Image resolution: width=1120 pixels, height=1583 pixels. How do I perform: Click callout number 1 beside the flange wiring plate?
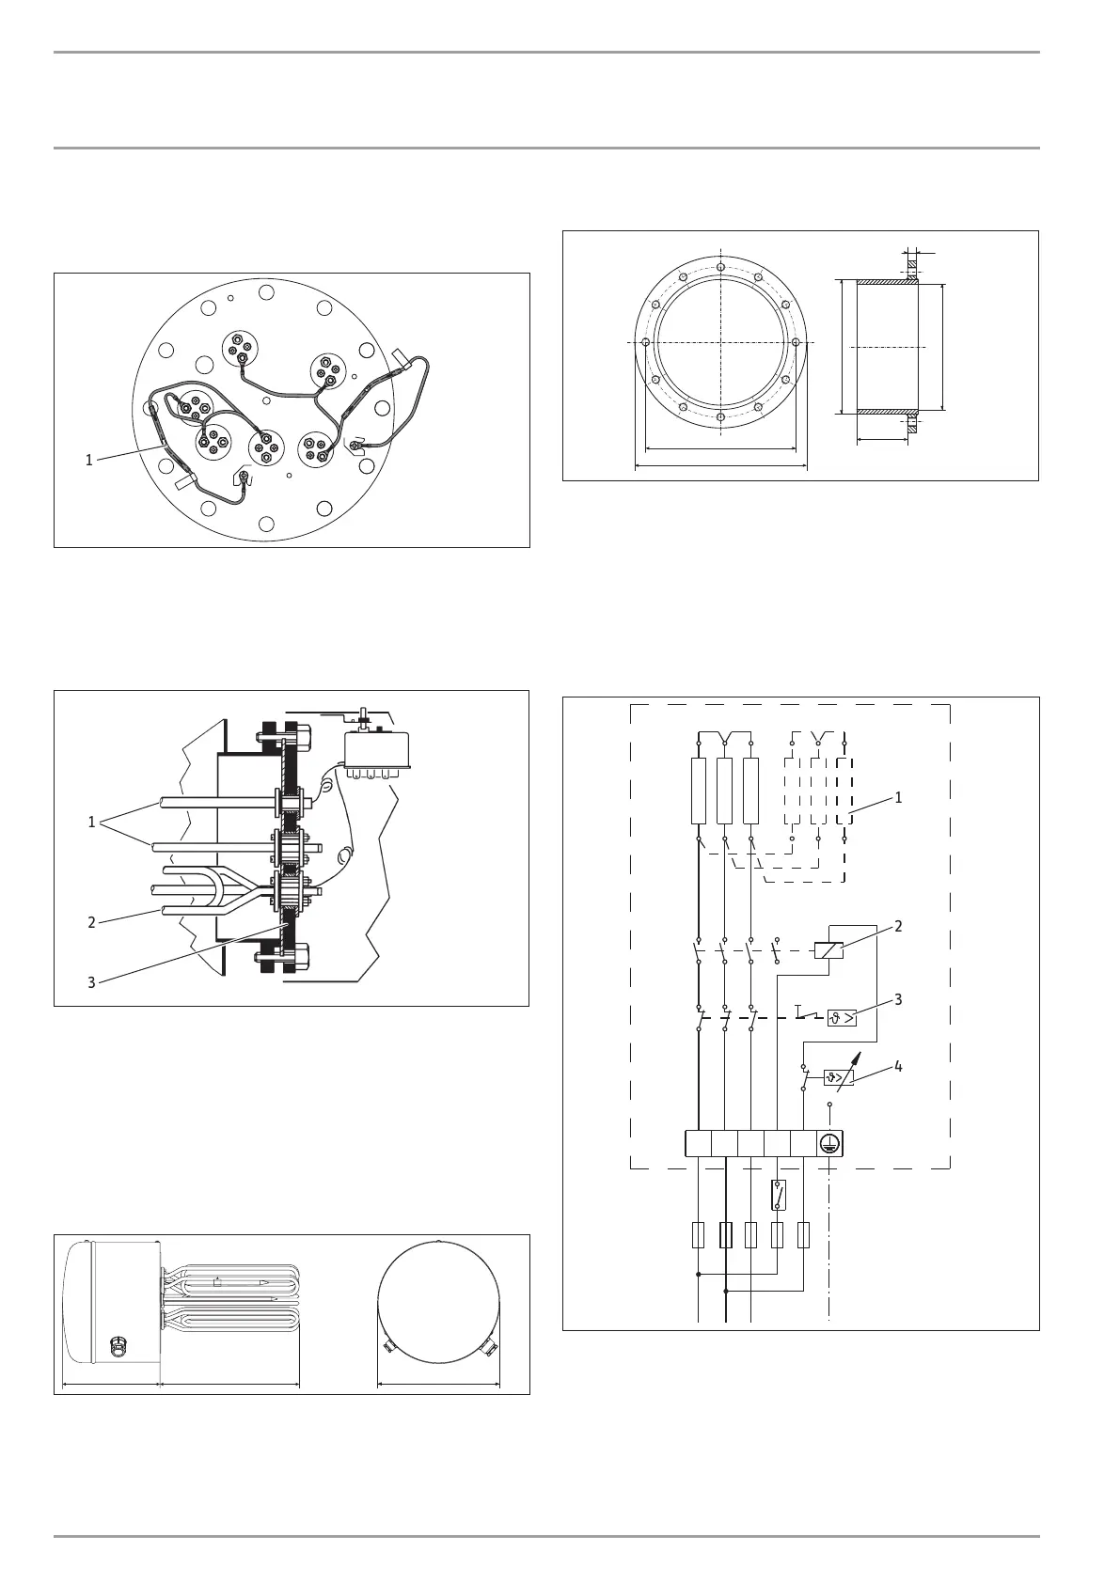pyautogui.click(x=88, y=461)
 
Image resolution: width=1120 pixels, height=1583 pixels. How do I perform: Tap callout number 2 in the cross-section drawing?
pyautogui.click(x=91, y=922)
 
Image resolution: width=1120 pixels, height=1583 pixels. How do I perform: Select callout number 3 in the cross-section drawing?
pyautogui.click(x=91, y=982)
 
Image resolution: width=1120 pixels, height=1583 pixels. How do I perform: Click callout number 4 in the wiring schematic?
pyautogui.click(x=898, y=1067)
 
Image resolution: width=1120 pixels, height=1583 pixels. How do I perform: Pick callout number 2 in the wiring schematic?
pyautogui.click(x=898, y=926)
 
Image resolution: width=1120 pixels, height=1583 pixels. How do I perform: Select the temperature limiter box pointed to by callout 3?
pyautogui.click(x=842, y=1018)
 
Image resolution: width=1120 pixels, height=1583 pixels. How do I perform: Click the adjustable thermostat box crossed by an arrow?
pyautogui.click(x=838, y=1078)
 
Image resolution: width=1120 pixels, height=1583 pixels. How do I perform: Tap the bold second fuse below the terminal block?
pyautogui.click(x=725, y=1234)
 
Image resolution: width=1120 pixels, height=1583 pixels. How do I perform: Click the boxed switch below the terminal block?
pyautogui.click(x=777, y=1195)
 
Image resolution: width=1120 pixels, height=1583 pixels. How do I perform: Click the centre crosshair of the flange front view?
pyautogui.click(x=720, y=343)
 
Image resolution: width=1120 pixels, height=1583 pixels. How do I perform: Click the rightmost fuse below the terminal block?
pyautogui.click(x=804, y=1234)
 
